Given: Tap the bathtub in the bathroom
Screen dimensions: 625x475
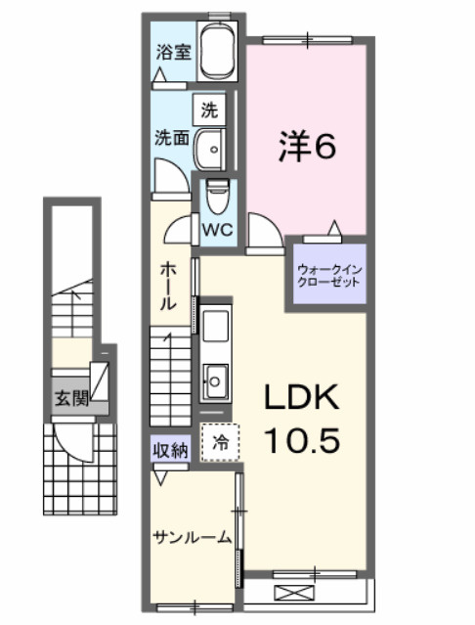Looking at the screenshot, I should pyautogui.click(x=219, y=54).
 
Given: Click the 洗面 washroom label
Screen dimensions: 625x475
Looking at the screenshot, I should pyautogui.click(x=172, y=138).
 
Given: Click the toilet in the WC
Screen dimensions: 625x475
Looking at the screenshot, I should pyautogui.click(x=216, y=200).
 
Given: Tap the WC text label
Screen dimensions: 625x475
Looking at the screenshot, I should pyautogui.click(x=216, y=231).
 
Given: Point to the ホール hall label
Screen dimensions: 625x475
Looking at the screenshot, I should pyautogui.click(x=167, y=285).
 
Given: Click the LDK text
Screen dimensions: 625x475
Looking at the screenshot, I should pyautogui.click(x=302, y=398).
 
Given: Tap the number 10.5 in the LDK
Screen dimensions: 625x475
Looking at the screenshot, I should pyautogui.click(x=302, y=440).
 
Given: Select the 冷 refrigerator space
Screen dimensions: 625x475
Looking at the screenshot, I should pyautogui.click(x=220, y=442).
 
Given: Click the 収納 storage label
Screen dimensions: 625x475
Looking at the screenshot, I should pyautogui.click(x=169, y=450).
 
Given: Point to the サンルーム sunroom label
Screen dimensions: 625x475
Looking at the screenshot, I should pyautogui.click(x=192, y=536).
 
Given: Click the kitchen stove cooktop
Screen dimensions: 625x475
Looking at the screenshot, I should pyautogui.click(x=214, y=324).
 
